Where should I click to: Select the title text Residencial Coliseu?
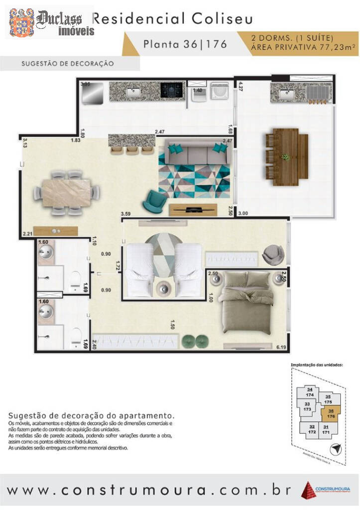tap(173, 19)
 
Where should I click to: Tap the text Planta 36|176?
tap(185, 44)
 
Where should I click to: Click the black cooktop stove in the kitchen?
tap(172, 90)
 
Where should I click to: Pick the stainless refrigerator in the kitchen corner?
tap(93, 93)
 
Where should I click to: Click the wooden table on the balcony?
tap(286, 154)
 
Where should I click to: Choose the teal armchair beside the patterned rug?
tap(155, 200)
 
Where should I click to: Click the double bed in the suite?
tap(247, 301)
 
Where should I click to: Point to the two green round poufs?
tap(195, 341)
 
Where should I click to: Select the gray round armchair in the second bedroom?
tap(273, 254)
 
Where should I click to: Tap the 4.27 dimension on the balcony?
tap(241, 86)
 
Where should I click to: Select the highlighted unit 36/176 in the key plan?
tap(330, 413)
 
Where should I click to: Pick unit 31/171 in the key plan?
tap(326, 429)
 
